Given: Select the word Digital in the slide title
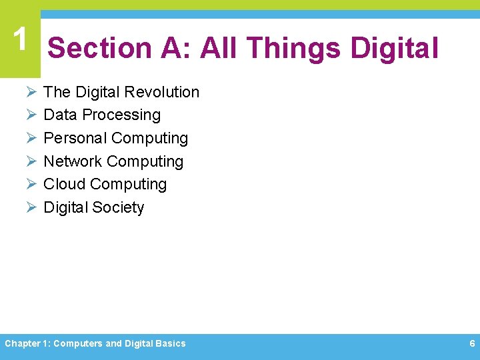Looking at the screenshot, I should [394, 49].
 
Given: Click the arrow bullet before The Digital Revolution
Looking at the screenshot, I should [30, 92].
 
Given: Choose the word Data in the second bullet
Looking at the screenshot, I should [60, 115].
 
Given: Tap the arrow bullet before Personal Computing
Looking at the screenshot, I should [30, 138].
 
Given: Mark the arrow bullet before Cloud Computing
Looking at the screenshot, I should [30, 184].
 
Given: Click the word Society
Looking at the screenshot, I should [118, 207].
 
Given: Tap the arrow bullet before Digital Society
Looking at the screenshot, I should [30, 207].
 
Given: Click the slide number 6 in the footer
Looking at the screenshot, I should [472, 343].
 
